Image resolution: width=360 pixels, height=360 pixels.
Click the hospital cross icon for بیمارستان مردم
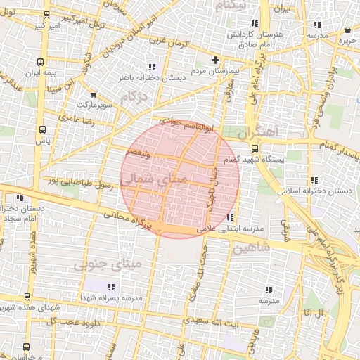click(x=216, y=60)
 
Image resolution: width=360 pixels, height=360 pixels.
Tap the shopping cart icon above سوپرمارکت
click(x=94, y=94)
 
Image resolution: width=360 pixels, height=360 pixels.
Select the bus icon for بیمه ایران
click(x=44, y=60)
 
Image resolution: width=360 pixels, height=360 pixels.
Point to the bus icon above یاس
click(x=43, y=129)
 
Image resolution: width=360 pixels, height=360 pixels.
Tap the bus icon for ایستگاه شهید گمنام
click(x=255, y=148)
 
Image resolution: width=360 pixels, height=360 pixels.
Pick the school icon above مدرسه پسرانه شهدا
click(x=112, y=286)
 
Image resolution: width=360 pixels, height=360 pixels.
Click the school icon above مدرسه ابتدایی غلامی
click(x=231, y=217)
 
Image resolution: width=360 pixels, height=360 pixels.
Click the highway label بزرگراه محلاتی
click(x=127, y=219)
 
